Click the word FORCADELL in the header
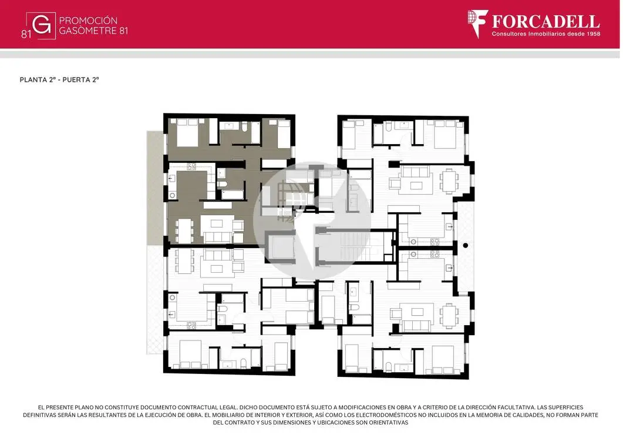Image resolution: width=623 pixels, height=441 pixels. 545,21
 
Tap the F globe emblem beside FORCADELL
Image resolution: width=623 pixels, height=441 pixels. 477,24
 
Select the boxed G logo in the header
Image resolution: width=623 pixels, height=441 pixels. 41,25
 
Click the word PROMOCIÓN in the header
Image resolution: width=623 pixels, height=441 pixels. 88,21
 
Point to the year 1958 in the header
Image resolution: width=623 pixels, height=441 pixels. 592,34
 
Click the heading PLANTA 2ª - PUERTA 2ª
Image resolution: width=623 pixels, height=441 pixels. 59,79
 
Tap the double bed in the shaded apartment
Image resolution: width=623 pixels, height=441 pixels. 187,132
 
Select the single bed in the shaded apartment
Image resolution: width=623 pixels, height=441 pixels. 283,133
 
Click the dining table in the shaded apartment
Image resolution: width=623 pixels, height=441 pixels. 185,230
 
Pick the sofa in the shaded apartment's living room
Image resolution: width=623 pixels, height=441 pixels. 217,237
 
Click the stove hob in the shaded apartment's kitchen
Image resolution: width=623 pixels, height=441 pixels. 191,166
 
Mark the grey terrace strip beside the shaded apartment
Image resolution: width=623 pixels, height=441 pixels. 156,188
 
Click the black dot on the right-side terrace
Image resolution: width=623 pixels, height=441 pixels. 465,246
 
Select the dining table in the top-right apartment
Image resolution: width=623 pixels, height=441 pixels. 449,181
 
